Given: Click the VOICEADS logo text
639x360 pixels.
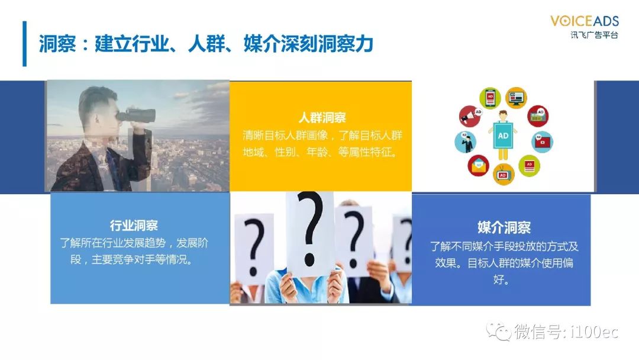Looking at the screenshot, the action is click(585, 21).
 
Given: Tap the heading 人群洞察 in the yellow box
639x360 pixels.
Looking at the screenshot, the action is click(322, 118).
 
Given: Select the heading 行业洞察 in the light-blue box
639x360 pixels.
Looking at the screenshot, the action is click(134, 226).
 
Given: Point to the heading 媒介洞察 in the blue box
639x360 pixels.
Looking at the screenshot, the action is click(504, 227).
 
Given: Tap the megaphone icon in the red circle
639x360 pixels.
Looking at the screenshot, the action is click(470, 116).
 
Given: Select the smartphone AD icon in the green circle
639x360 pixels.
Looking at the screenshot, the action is click(490, 98).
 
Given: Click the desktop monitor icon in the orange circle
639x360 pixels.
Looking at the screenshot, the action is click(517, 98).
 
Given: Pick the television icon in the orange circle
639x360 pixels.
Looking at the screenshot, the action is click(504, 174).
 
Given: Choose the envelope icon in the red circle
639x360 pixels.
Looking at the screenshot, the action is click(478, 166).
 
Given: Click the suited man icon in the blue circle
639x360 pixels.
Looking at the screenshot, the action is click(466, 142).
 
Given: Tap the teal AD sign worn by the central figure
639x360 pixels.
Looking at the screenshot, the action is click(503, 136).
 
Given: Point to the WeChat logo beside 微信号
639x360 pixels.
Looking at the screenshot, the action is click(499, 330).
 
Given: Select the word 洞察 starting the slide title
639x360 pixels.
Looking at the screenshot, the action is click(57, 44).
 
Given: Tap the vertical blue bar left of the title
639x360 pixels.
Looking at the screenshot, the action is click(24, 44).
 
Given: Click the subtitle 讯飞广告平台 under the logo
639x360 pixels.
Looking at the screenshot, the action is click(594, 35).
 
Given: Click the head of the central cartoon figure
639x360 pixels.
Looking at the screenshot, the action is click(503, 115).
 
